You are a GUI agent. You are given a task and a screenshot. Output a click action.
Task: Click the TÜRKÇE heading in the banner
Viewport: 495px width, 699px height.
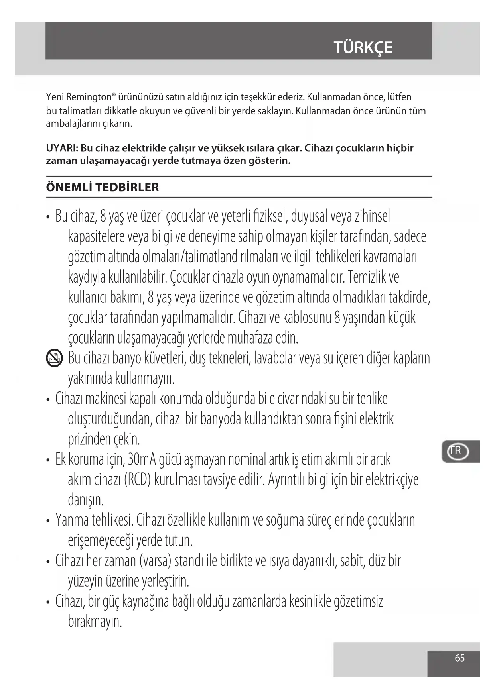coord(363,47)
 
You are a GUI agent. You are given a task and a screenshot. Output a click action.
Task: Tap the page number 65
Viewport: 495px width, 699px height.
coord(460,658)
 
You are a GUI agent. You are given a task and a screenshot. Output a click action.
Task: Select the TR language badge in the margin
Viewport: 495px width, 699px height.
coord(456,452)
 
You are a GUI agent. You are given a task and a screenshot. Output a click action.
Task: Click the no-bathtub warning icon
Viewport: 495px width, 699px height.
coord(54,358)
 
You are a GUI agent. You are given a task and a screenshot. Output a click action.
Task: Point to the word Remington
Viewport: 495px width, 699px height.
coord(88,97)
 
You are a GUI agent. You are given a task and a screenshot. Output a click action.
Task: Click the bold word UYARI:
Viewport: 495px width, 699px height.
coord(62,148)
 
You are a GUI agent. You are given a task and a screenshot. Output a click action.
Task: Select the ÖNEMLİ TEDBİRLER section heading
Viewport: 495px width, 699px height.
coord(103,187)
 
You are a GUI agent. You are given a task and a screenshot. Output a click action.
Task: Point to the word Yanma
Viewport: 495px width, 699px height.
coord(72,520)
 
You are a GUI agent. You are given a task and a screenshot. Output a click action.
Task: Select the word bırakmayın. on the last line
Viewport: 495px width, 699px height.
coord(95,622)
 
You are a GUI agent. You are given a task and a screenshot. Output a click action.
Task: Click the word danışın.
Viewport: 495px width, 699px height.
coord(86,500)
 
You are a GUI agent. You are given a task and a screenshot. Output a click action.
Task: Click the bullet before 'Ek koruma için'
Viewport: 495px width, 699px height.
coord(48,461)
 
